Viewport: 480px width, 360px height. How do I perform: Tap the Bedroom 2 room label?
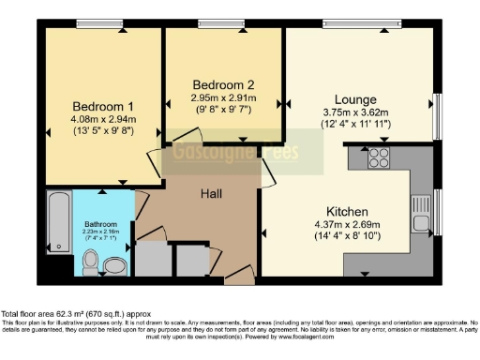(218, 82)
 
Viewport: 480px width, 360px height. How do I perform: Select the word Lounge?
(355, 98)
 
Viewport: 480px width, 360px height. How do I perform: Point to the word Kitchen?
(346, 211)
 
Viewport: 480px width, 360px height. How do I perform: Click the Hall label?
(211, 192)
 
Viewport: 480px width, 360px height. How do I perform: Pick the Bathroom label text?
(100, 225)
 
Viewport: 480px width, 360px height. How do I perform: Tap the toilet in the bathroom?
(113, 266)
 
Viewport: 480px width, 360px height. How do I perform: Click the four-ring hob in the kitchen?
(379, 157)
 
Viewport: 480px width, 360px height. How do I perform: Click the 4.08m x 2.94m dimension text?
(103, 119)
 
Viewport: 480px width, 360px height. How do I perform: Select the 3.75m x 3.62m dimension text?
(356, 112)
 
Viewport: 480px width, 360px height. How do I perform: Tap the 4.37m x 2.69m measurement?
(347, 226)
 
